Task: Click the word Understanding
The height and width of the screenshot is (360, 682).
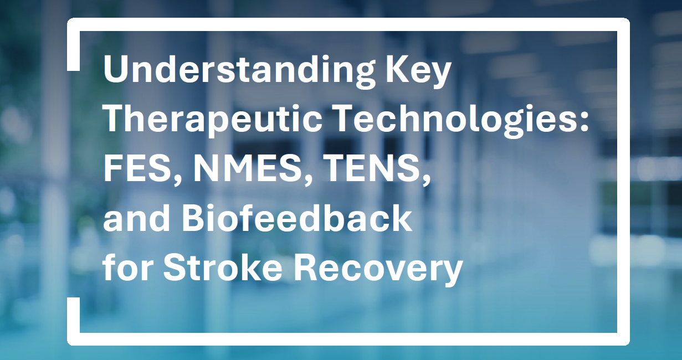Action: coord(239,71)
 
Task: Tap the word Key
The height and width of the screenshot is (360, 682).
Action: coord(418,71)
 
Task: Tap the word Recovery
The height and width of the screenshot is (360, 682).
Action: coord(378,269)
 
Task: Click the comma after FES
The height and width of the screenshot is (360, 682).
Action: coord(177,180)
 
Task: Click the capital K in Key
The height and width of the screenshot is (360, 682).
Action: coord(398,69)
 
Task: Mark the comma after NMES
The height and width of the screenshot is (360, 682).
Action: coord(307,180)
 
